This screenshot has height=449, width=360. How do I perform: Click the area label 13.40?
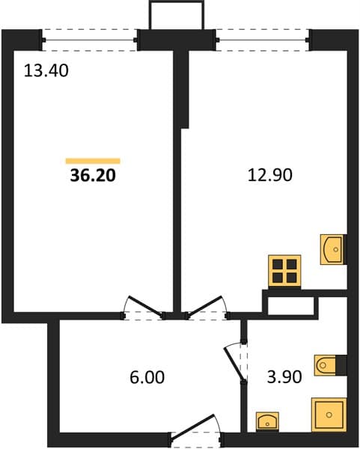point(46,71)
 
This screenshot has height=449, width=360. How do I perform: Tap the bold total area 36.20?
point(93,175)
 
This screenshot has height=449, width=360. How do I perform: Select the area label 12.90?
point(269,175)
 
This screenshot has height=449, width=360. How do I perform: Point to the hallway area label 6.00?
point(147,377)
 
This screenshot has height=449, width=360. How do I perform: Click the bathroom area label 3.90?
point(284,377)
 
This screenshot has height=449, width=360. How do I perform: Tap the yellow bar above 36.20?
point(93,161)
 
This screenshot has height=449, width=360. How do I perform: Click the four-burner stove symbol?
point(284,271)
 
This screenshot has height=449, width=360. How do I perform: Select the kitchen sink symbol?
point(332,249)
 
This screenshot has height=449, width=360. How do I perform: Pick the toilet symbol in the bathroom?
point(326,365)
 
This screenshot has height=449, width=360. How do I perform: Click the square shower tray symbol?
point(329,415)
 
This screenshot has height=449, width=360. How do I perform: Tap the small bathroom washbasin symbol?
point(267,421)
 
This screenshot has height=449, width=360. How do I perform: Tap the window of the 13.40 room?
point(89,40)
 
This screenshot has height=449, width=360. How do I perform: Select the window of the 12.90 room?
point(263,40)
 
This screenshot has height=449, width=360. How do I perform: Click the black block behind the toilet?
point(341,364)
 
